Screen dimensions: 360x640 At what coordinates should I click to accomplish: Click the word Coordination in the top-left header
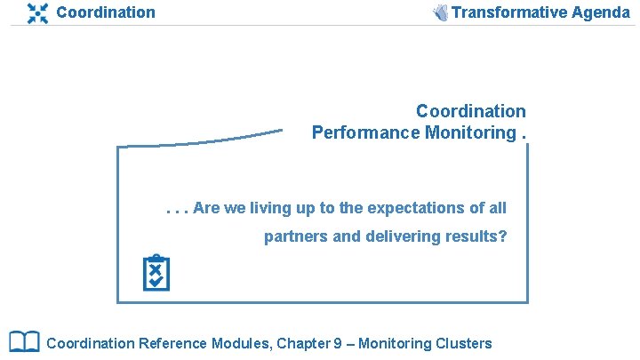click(x=105, y=12)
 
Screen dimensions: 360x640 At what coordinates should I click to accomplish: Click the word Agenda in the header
click(x=599, y=12)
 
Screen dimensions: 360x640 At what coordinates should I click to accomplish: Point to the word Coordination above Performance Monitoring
click(x=470, y=112)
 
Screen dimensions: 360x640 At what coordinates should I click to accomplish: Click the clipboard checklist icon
click(x=156, y=274)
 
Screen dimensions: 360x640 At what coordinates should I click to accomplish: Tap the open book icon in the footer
click(x=24, y=342)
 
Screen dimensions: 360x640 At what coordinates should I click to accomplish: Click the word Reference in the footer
click(x=173, y=343)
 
